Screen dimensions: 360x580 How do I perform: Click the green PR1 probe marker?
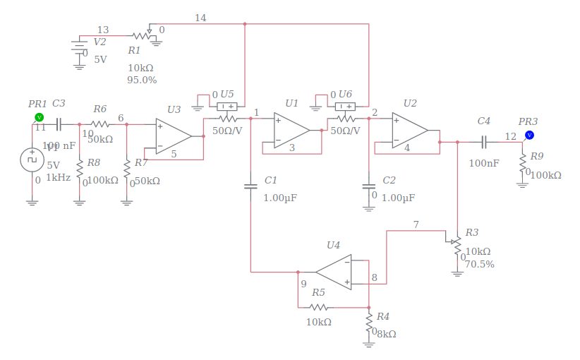click(x=39, y=116)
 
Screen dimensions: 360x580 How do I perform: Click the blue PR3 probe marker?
click(x=529, y=134)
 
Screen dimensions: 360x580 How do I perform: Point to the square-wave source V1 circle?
click(x=32, y=159)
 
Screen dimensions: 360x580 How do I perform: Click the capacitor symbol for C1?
click(x=250, y=186)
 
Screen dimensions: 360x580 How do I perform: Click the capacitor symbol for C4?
click(x=484, y=142)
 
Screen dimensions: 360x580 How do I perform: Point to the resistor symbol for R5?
click(x=318, y=307)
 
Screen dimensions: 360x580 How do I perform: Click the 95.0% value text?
click(x=142, y=80)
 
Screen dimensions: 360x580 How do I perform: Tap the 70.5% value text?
click(x=480, y=265)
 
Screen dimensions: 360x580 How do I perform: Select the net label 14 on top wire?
click(x=201, y=18)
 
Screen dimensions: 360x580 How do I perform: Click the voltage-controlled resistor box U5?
click(x=227, y=107)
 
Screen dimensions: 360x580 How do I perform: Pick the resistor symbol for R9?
click(x=523, y=165)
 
